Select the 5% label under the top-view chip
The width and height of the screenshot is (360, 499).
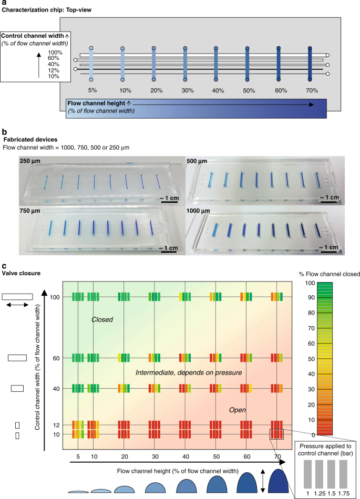91,90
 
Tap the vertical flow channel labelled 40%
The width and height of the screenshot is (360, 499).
216,64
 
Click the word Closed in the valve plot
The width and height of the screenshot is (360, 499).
102,319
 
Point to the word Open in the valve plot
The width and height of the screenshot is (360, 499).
238,410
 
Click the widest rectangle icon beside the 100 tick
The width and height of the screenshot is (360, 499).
17,296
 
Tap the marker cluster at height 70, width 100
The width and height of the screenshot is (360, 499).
276,297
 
